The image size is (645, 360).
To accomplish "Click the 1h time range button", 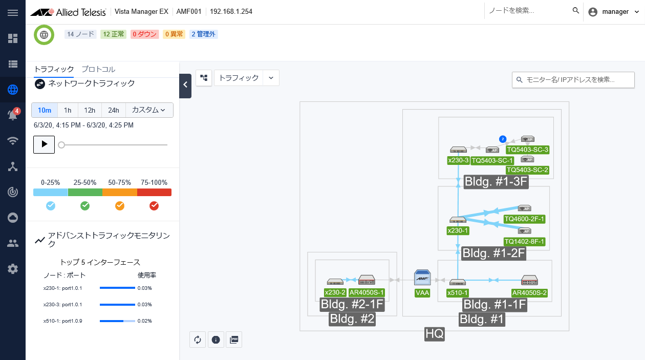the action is (68, 110).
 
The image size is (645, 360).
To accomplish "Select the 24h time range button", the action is (114, 110).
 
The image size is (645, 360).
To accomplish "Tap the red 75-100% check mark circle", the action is (154, 206).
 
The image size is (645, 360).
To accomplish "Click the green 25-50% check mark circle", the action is (85, 206).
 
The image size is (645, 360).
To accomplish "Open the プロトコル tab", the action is (98, 70).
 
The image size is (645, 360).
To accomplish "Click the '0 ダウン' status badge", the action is (144, 34).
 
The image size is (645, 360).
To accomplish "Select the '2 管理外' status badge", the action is (204, 34).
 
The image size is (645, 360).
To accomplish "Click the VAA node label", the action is (422, 293).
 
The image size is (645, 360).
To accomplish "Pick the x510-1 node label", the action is (458, 293).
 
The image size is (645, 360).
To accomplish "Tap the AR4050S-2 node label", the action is (529, 293).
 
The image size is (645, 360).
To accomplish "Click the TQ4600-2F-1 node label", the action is (524, 219).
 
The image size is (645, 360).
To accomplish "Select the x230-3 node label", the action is (458, 160).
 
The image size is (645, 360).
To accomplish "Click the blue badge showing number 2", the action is (503, 139).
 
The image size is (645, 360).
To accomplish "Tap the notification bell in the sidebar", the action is (13, 115).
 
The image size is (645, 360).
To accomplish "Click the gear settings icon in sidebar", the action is (13, 269).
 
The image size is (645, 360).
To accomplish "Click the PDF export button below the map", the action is (234, 340).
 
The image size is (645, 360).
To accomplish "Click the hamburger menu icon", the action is (13, 13).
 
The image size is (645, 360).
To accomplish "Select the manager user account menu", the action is (614, 12).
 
